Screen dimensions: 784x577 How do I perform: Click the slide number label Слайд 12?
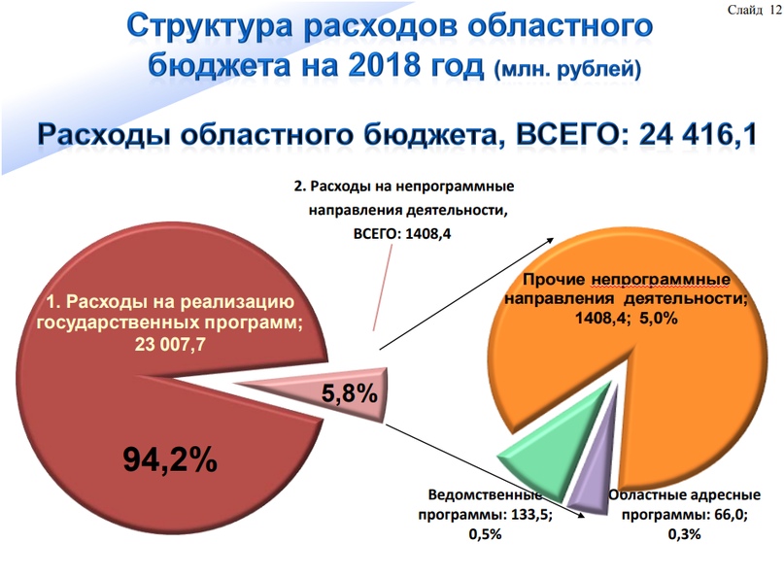pos(755,10)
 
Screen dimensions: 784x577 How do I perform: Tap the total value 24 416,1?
pos(698,134)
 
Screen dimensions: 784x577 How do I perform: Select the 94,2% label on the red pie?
pos(170,459)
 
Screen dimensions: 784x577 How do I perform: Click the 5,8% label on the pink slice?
pos(349,393)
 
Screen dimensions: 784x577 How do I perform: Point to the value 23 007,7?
pos(170,345)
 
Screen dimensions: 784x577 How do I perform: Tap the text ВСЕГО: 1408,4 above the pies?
pos(402,234)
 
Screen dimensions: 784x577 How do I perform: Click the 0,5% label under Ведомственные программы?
pos(485,534)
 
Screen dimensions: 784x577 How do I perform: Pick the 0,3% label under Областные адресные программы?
pos(685,534)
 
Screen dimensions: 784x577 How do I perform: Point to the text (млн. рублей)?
pos(567,69)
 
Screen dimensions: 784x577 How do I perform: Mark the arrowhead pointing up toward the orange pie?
pos(551,240)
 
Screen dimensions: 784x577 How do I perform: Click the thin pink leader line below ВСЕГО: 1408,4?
pos(383,288)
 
